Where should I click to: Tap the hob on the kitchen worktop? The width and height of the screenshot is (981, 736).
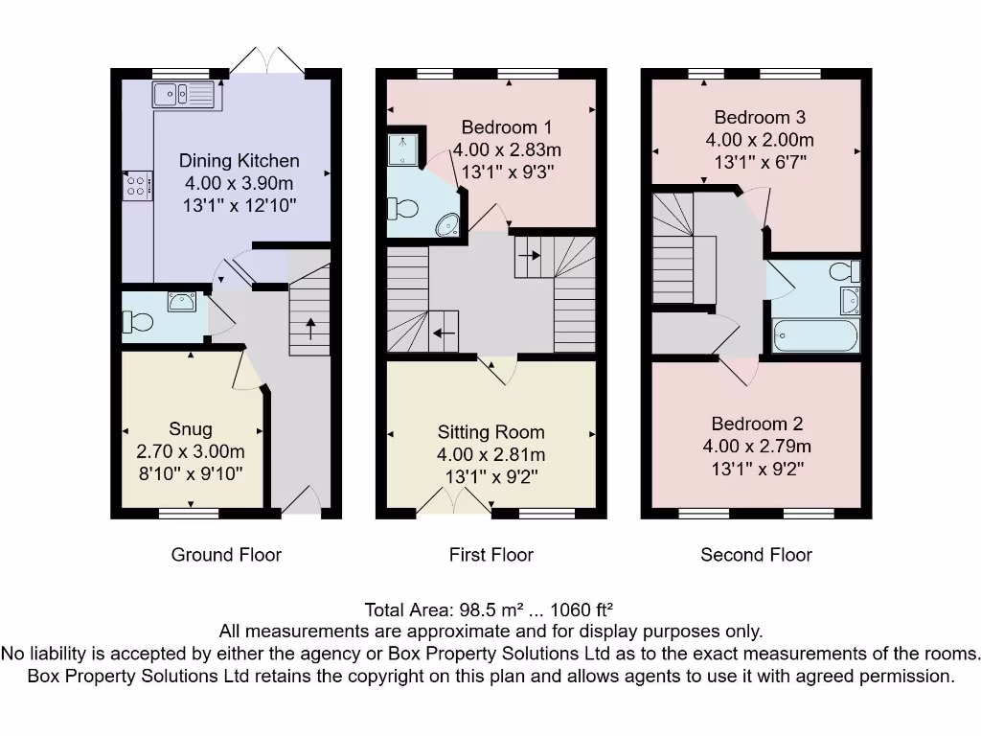click(136, 184)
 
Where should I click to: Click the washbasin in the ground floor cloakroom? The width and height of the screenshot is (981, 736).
click(181, 302)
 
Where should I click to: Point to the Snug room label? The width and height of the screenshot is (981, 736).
click(191, 429)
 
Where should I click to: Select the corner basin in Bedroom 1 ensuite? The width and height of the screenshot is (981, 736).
click(447, 225)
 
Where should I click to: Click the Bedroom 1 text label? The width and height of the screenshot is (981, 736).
click(506, 127)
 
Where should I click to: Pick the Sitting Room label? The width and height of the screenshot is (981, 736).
click(490, 432)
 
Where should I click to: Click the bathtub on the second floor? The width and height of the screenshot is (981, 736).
click(816, 336)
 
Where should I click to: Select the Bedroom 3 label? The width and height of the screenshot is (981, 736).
click(760, 118)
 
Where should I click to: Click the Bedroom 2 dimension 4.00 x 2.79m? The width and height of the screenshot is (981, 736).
click(757, 447)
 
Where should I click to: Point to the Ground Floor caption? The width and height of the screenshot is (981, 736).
click(226, 554)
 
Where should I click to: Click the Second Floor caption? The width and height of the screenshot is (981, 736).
click(756, 554)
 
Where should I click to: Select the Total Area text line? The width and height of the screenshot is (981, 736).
click(489, 609)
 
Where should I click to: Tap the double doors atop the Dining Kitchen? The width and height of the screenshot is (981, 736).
click(265, 61)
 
